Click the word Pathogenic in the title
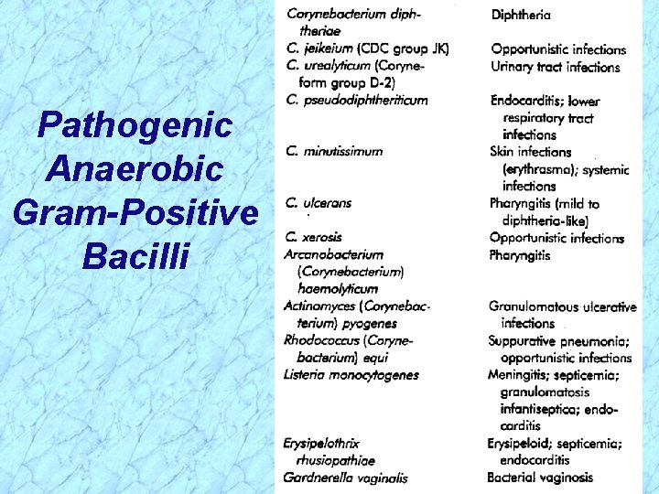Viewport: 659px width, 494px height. (135, 125)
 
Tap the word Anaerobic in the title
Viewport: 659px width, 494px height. (135, 168)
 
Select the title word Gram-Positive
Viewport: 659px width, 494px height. (135, 212)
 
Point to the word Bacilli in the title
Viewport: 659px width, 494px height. (135, 256)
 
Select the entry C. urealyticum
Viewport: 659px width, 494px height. (327, 66)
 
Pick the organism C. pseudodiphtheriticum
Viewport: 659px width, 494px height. (356, 100)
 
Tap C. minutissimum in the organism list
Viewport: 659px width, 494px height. (333, 151)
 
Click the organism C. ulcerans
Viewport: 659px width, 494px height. (318, 202)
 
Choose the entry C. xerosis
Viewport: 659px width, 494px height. (314, 237)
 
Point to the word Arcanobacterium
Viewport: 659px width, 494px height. (333, 254)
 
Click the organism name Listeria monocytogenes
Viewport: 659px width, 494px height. (351, 374)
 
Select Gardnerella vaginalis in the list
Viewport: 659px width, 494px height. (345, 477)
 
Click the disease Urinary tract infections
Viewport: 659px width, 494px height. (555, 67)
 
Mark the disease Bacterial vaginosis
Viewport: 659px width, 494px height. (540, 477)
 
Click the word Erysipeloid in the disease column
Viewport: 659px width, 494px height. (520, 444)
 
